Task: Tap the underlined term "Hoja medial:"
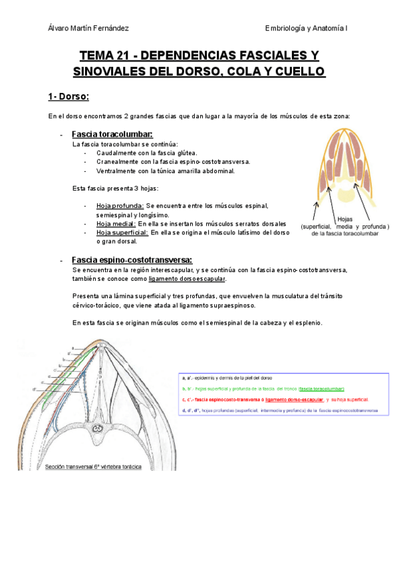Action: tap(116, 224)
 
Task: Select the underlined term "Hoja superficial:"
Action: tap(122, 233)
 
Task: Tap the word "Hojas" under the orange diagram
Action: tap(345, 218)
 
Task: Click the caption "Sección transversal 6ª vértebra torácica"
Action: tap(93, 467)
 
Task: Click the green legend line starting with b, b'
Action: tap(263, 388)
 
